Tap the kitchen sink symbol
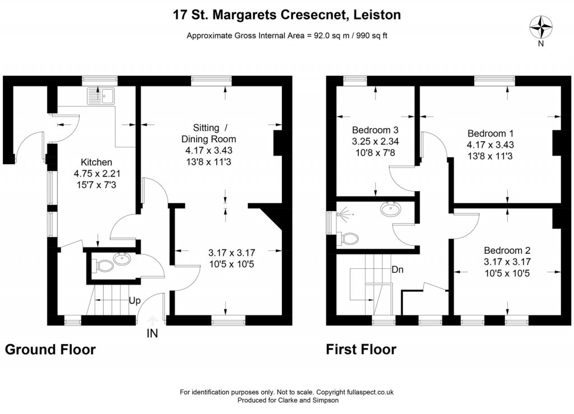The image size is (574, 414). pos(100,96)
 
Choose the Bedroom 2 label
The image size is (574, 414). pos(507,250)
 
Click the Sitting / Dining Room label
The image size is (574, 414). pos(210,133)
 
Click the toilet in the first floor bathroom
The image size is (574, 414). pos(348,239)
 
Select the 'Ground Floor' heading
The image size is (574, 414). pos(50,350)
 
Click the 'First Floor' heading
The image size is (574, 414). pos(361,350)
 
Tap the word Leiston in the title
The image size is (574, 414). pos(377,15)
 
